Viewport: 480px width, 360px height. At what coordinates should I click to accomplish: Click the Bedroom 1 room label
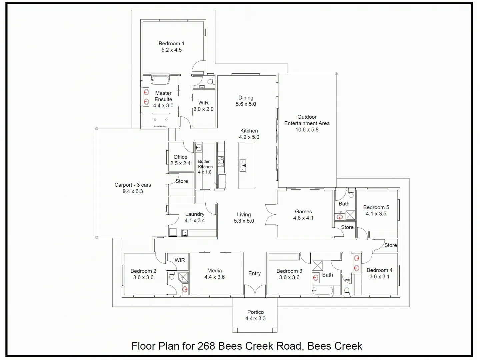click(x=171, y=44)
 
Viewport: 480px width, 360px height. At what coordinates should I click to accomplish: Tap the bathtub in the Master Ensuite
click(x=160, y=79)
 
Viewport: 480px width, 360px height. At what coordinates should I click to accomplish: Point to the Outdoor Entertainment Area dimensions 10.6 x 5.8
click(x=307, y=130)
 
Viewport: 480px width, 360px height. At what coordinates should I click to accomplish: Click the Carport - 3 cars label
click(x=133, y=185)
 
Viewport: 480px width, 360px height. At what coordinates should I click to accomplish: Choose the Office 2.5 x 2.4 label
click(x=180, y=160)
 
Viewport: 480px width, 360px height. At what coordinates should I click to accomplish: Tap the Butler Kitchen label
click(x=205, y=164)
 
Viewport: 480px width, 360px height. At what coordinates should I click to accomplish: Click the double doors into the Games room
click(x=271, y=215)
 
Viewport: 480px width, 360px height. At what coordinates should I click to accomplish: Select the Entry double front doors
click(x=255, y=290)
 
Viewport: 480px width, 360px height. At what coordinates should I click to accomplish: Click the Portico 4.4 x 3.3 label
click(x=255, y=315)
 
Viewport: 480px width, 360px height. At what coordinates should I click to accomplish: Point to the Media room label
click(x=214, y=271)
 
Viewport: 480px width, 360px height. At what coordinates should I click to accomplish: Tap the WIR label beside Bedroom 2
click(x=180, y=260)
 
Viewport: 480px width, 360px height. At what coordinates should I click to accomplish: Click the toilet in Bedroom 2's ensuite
click(x=172, y=276)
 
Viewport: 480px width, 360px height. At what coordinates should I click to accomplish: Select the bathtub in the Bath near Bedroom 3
click(x=322, y=291)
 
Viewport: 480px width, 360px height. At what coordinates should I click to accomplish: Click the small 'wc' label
click(x=347, y=280)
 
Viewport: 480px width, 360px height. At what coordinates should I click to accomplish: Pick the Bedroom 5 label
click(x=376, y=207)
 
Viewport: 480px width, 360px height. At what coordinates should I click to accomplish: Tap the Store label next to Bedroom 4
click(x=390, y=245)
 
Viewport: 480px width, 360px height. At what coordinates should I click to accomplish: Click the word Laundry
click(x=195, y=214)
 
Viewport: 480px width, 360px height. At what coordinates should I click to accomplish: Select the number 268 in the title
click(x=206, y=346)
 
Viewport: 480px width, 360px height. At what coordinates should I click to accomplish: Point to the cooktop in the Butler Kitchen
click(x=221, y=162)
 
